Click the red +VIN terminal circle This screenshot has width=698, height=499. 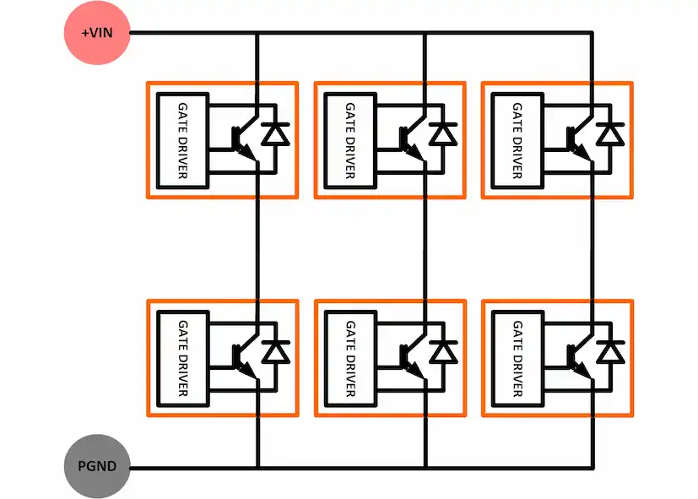pos(97,33)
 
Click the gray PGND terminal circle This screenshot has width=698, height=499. pos(97,466)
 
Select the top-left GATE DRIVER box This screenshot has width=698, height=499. pos(183,140)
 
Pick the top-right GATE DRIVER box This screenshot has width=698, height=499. pos(517,140)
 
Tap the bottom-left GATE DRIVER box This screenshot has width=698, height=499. pos(183,358)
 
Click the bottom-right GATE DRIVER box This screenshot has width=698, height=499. pos(517,358)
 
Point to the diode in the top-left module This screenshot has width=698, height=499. pos(275,133)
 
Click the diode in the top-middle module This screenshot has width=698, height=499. pos(442,133)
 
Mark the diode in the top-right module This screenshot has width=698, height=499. pos(610,133)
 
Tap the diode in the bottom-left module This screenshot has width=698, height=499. pos(275,351)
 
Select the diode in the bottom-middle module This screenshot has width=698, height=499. pos(442,351)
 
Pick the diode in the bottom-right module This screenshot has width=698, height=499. pos(610,351)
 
